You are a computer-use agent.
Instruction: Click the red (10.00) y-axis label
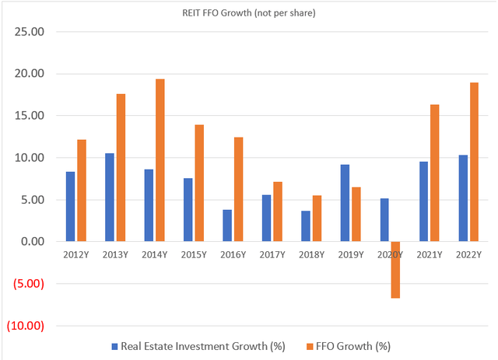26,326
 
